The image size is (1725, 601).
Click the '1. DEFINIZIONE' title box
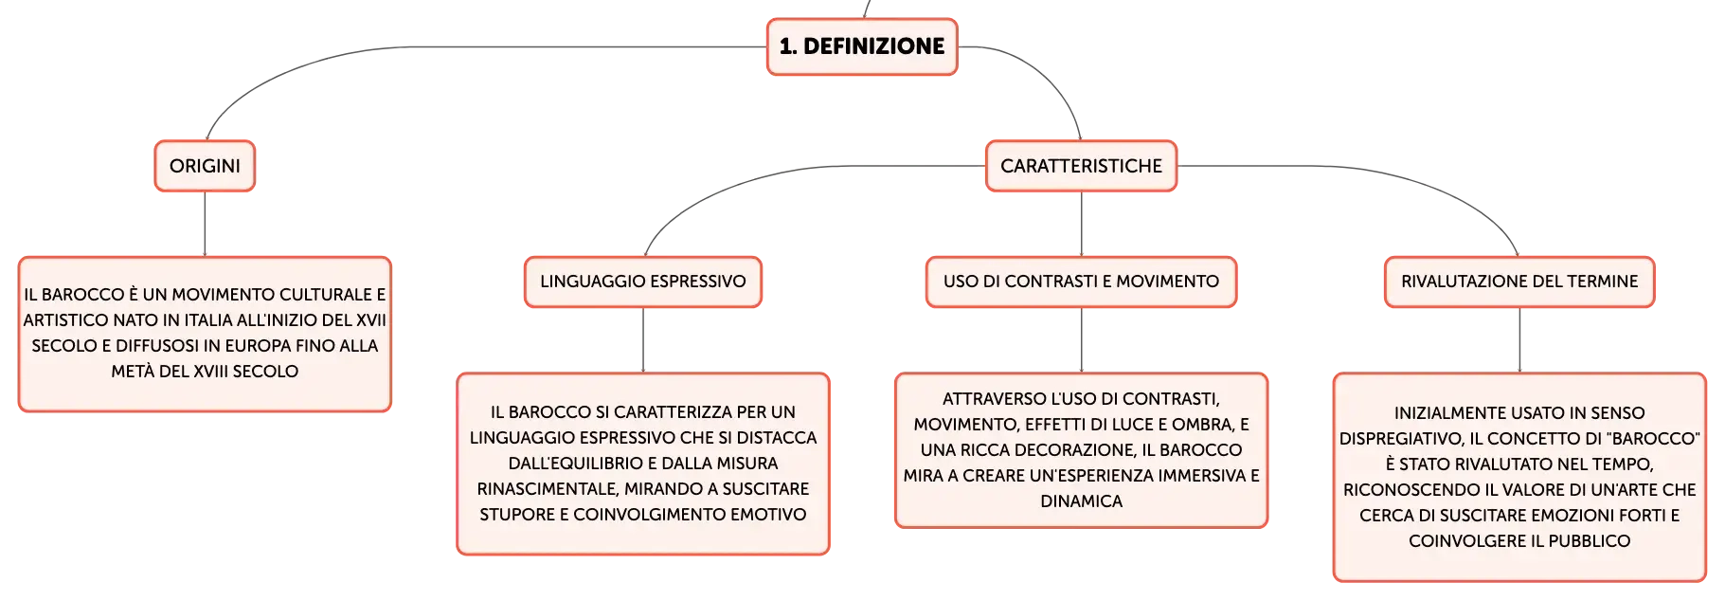[x=862, y=46]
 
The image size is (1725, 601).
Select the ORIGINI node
[x=205, y=166]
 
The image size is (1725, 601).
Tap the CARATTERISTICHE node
[x=1081, y=166]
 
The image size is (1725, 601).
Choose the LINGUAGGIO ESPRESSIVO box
[x=643, y=282]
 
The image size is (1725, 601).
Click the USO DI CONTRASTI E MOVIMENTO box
[x=1081, y=282]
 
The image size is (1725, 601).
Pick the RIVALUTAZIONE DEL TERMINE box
[x=1519, y=282]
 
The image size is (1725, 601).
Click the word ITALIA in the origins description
[x=207, y=320]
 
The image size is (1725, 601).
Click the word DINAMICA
[x=1082, y=501]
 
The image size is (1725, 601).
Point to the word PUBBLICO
[x=1590, y=541]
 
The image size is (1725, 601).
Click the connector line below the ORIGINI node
[x=205, y=224]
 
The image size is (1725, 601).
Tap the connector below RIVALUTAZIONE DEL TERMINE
[x=1519, y=340]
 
